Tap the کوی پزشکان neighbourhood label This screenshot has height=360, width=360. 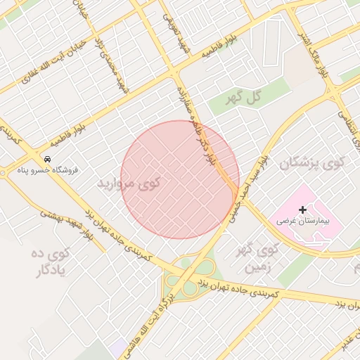pos(313,164)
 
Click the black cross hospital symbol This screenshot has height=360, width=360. pos(303,210)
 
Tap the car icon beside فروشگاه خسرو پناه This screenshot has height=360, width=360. pos(47,159)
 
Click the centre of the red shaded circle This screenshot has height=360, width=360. pos(180,179)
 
